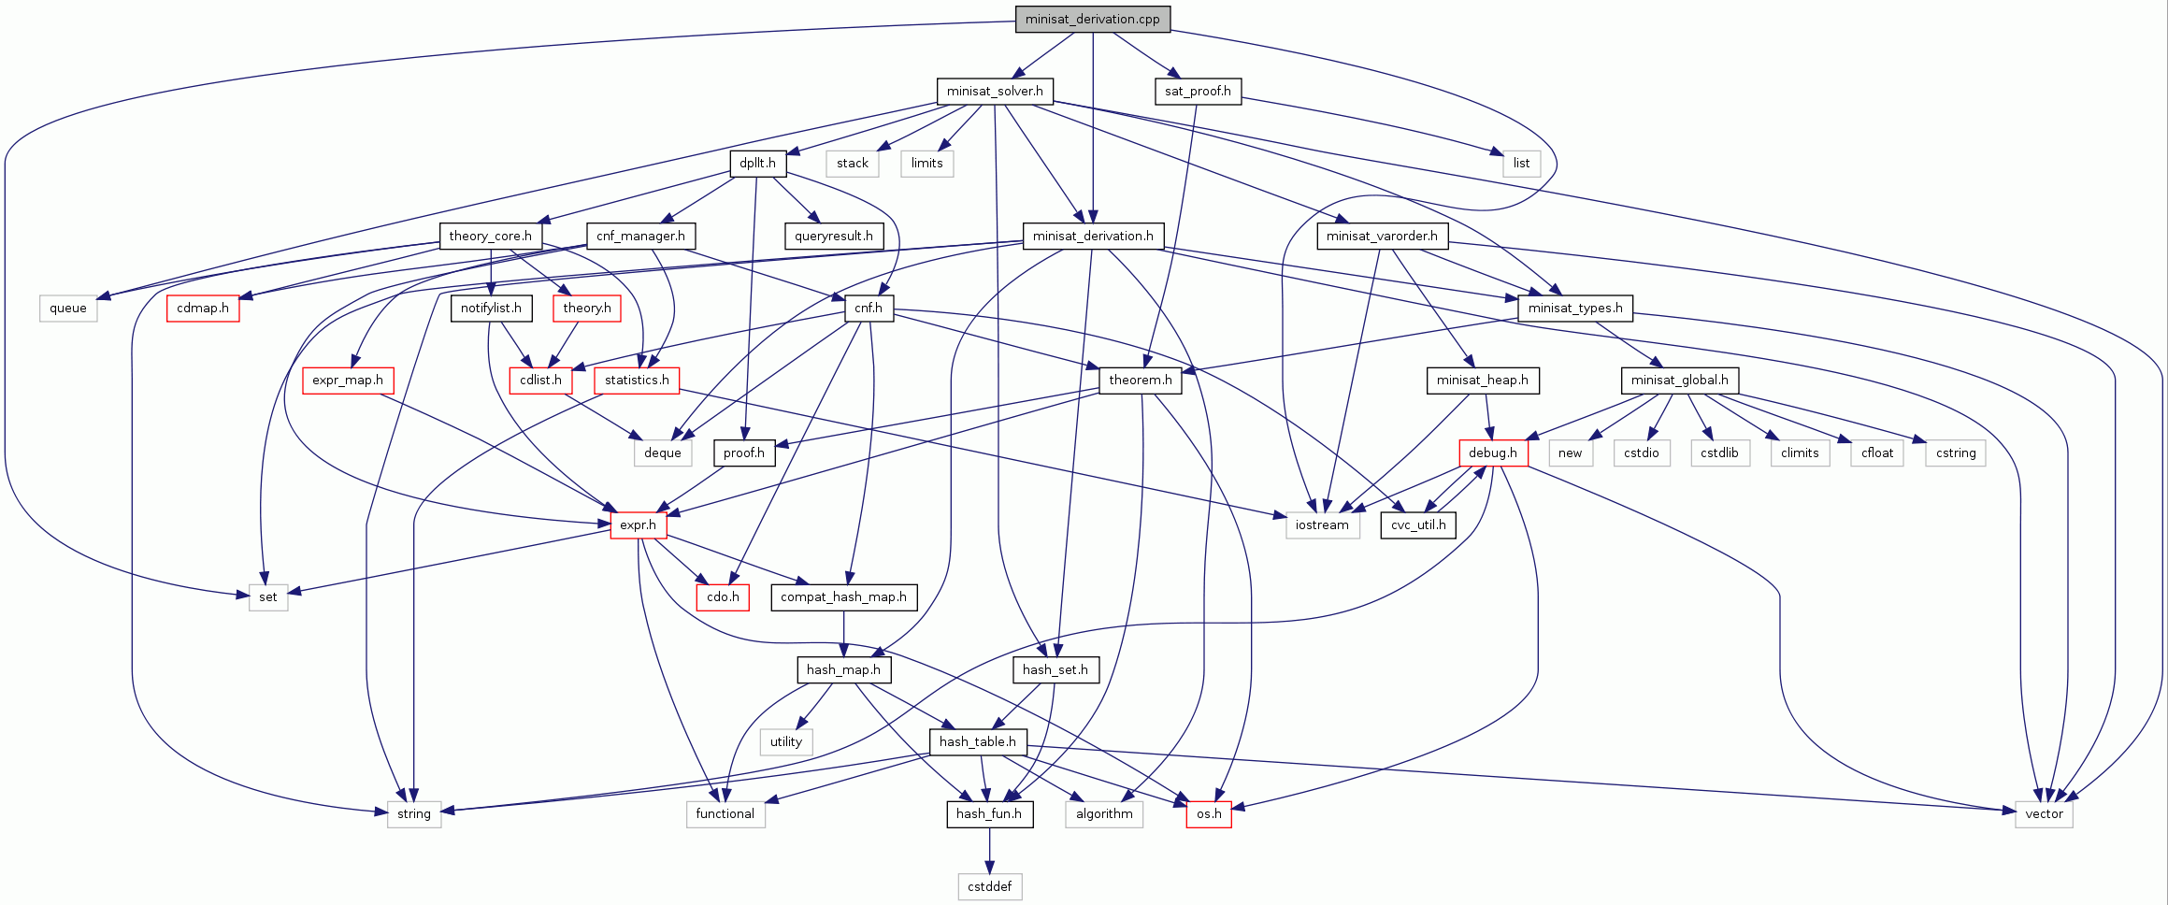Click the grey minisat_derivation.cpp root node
point(1092,19)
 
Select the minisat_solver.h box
point(995,91)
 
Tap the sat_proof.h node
point(1198,91)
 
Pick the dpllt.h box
point(757,163)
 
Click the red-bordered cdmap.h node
point(203,308)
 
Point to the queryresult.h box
point(834,236)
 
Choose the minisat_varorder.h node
point(1382,236)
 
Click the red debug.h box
point(1493,452)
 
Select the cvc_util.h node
point(1418,524)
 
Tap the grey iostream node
point(1322,524)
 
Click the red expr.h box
point(639,524)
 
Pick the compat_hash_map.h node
point(843,596)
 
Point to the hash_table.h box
point(978,741)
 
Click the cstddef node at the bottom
point(989,886)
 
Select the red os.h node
point(1209,813)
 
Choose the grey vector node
point(2044,813)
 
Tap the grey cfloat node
point(1877,452)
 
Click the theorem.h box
point(1140,380)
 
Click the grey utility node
point(785,741)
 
